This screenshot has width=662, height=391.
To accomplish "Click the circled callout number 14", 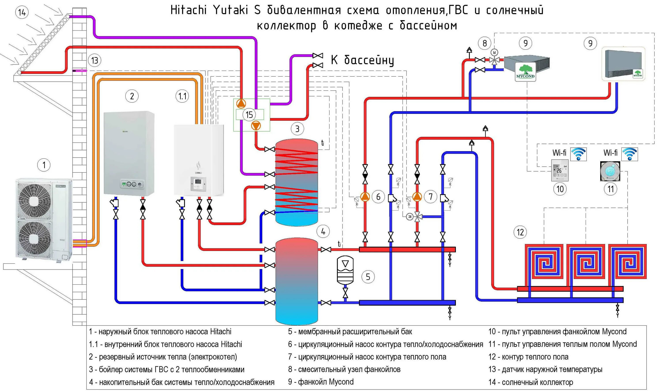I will coord(22,12).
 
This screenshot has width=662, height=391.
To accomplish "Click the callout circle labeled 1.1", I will coord(182,96).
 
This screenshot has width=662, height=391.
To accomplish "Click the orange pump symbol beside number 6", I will coord(365,197).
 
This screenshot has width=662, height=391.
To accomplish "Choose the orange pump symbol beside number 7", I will coord(417,197).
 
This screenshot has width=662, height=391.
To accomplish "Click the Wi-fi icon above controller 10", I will coord(579,154).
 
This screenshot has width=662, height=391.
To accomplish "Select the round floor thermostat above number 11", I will coord(610,171).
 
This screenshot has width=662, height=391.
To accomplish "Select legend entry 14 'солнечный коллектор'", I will coord(530,382).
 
